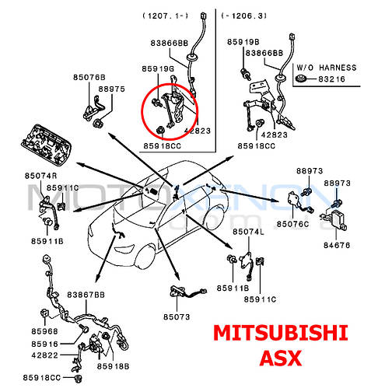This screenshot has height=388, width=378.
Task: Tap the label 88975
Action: tap(111, 89)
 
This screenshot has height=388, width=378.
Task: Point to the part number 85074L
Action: tap(248, 232)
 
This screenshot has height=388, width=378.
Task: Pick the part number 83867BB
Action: tap(86, 295)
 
